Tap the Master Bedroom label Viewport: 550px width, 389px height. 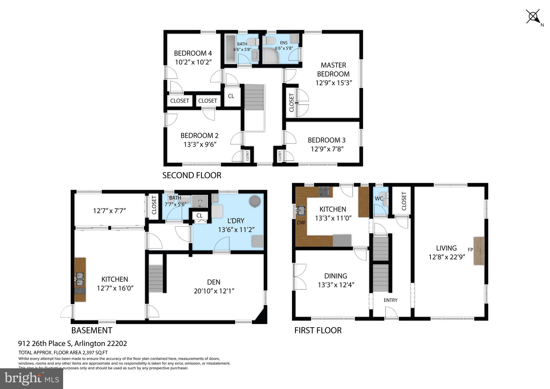point(333,69)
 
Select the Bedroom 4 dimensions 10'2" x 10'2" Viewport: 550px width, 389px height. point(193,62)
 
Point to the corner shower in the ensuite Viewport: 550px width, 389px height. point(270,56)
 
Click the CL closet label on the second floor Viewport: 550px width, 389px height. point(231,96)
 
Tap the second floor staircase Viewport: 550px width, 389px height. point(254,97)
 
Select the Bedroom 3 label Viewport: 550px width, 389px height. point(326,140)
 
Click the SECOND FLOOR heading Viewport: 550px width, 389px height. point(192,175)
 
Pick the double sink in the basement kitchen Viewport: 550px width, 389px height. point(79,279)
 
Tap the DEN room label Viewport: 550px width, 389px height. point(214,282)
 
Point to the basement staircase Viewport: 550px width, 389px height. point(156,279)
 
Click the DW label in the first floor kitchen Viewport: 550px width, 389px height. point(301,222)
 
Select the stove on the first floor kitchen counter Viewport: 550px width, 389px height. point(325,192)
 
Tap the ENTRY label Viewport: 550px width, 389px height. point(390,300)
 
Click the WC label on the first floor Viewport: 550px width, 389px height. point(379,199)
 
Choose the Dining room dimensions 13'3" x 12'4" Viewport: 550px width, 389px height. point(336,285)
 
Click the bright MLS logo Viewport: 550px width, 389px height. point(31,379)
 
